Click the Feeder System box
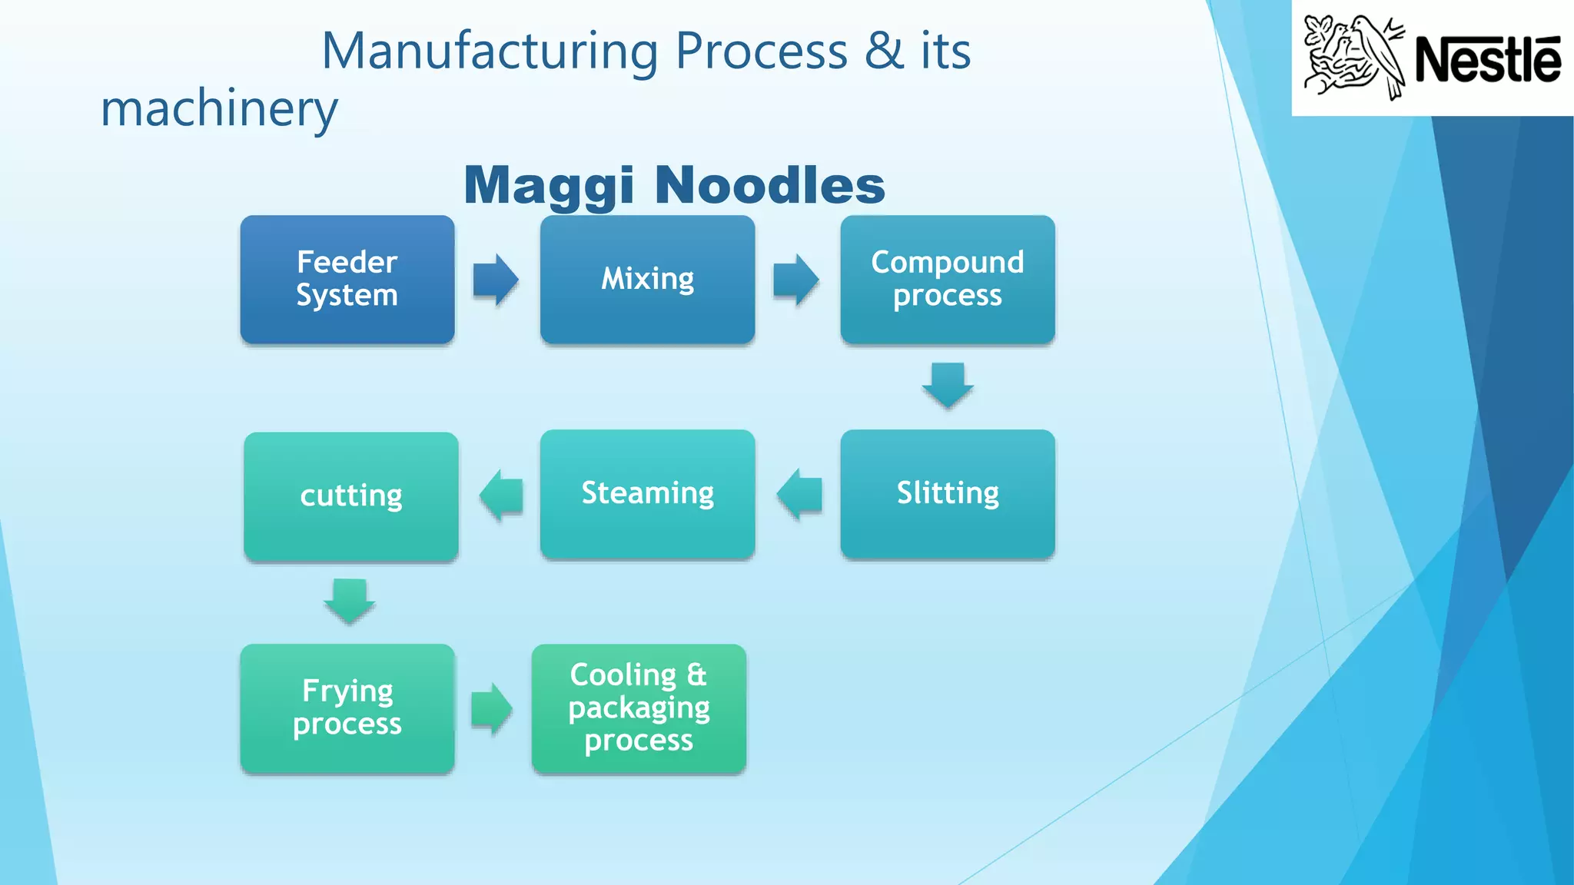click(347, 280)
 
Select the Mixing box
click(647, 280)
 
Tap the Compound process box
click(947, 280)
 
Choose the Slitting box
click(947, 494)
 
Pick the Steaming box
click(647, 494)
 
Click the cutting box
click(351, 496)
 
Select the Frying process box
click(347, 708)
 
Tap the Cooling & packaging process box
click(639, 708)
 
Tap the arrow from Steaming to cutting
click(501, 496)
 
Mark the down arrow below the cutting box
click(350, 601)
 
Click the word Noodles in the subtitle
click(770, 186)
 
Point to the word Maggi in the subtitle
click(550, 186)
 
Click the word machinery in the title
click(219, 109)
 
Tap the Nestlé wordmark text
click(1487, 59)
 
